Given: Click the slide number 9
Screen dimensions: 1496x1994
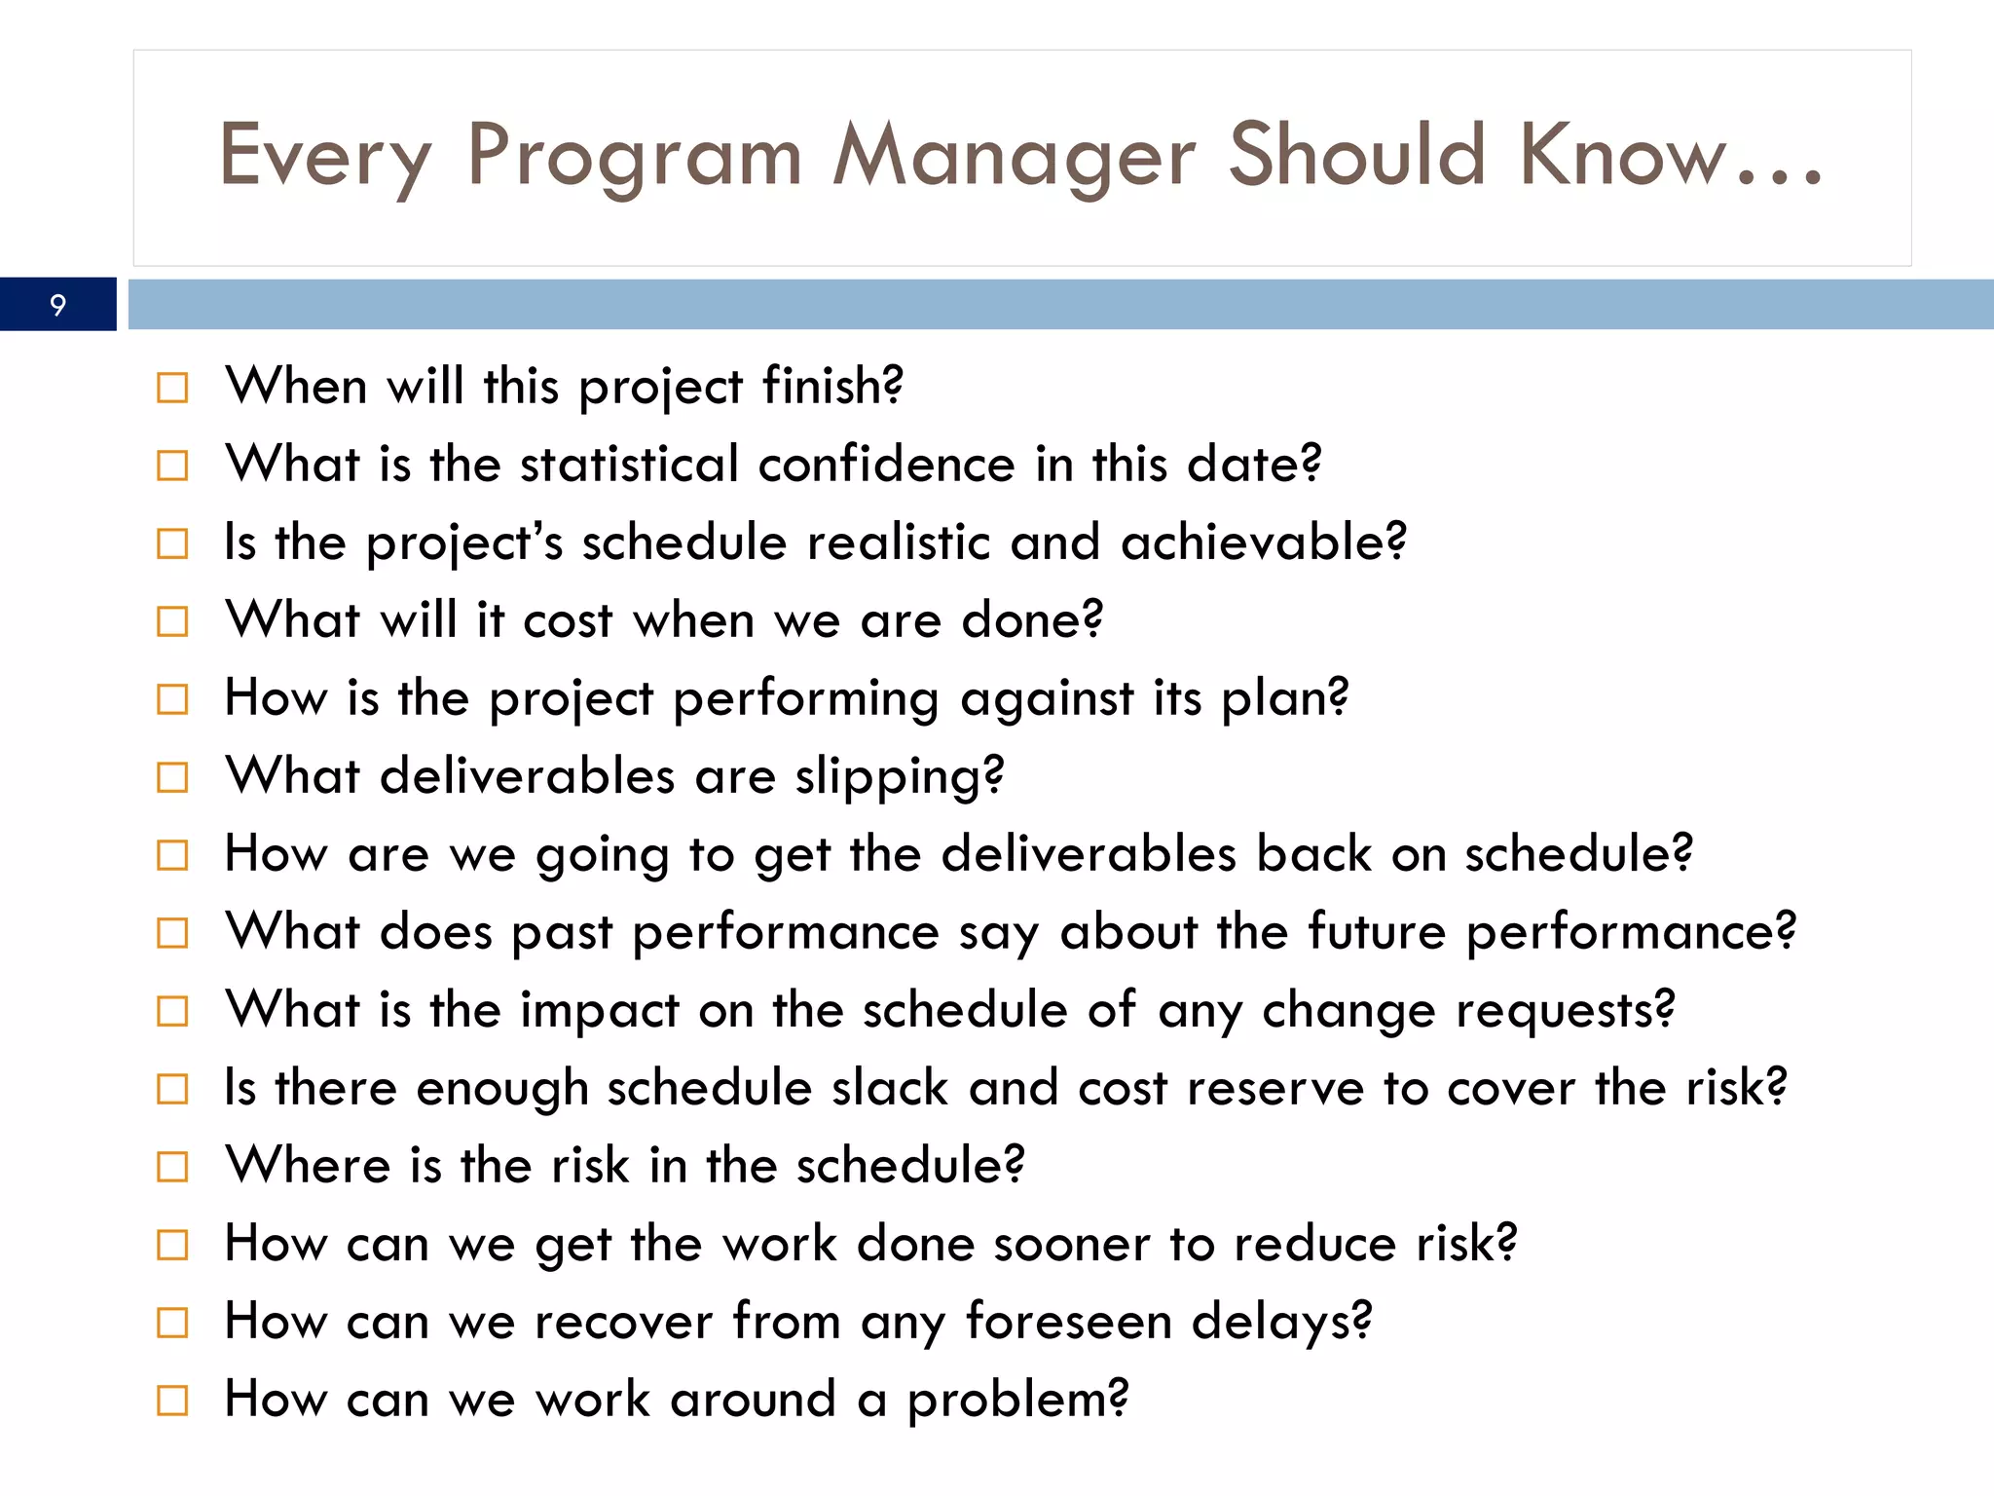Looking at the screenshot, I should point(57,305).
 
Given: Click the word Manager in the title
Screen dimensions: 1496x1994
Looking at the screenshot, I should point(1014,156).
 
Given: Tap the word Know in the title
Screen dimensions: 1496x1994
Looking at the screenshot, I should point(1622,156).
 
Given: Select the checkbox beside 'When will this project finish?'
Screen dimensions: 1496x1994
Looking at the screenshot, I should point(172,388).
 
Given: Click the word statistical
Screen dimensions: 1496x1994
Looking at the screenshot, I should point(629,465).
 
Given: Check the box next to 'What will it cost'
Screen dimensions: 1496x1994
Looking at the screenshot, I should point(172,621).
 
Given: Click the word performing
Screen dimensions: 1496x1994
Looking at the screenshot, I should point(805,699).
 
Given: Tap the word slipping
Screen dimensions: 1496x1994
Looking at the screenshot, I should point(897,777).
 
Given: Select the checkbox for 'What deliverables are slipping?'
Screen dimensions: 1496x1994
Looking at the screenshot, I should point(172,777).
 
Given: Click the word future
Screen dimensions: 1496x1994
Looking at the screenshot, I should point(1377,932).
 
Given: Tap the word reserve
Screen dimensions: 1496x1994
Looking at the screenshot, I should point(1274,1088).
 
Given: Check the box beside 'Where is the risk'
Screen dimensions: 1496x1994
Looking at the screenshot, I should point(172,1166).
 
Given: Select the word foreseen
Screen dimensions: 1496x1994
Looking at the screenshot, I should point(1068,1322).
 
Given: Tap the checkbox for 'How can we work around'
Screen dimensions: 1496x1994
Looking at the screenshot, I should point(172,1401).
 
